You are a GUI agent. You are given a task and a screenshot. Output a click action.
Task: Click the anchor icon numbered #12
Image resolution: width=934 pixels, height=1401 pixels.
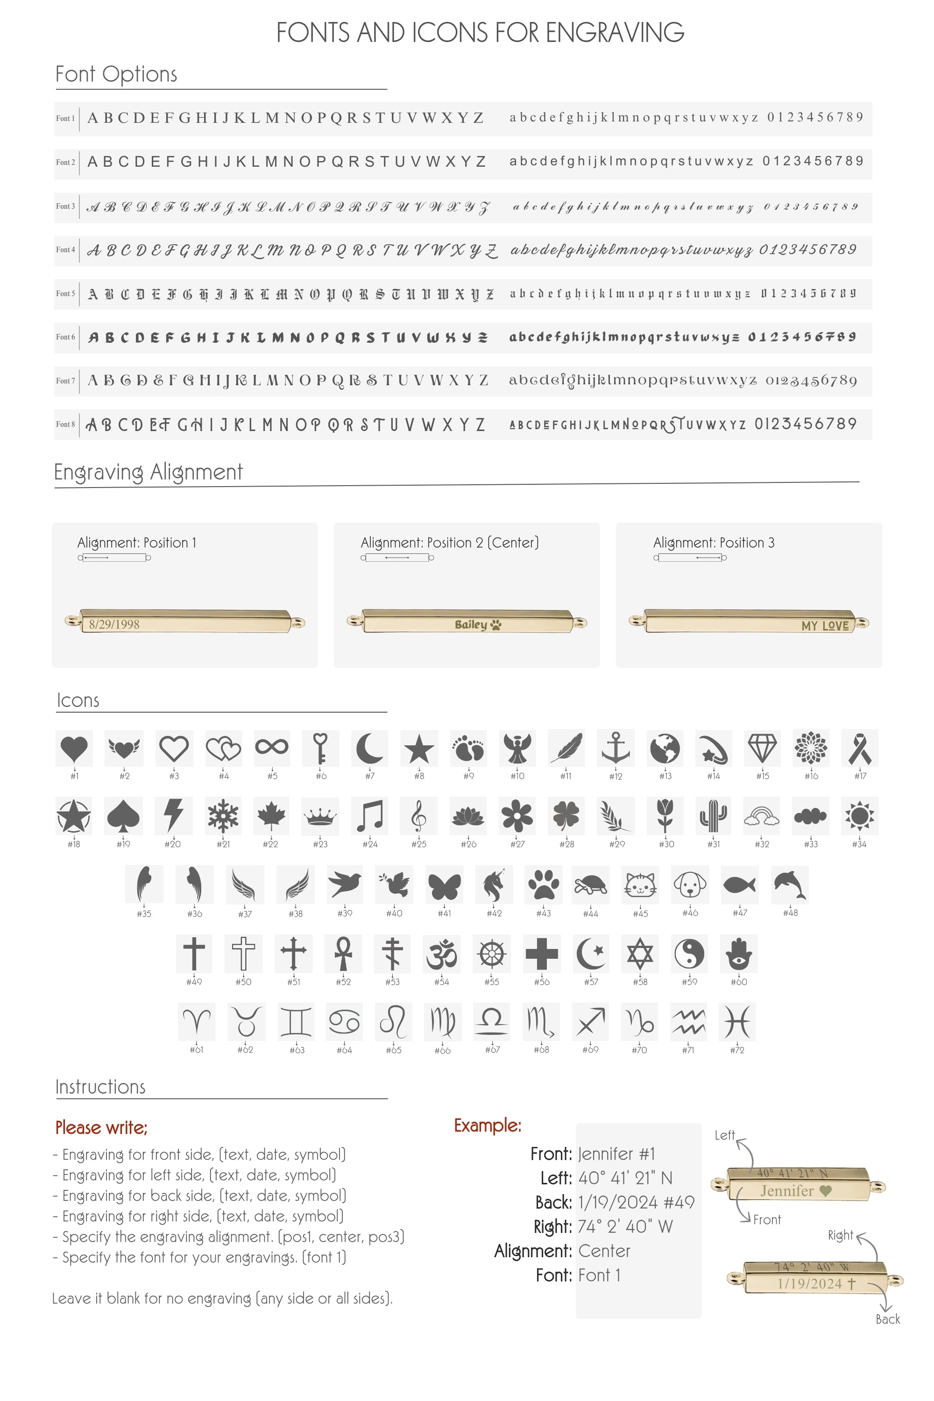click(x=616, y=748)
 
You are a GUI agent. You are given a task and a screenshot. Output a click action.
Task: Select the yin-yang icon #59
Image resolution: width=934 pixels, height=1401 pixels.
click(x=689, y=953)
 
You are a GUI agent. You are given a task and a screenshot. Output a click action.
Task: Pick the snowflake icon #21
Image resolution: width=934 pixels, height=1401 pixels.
click(x=223, y=815)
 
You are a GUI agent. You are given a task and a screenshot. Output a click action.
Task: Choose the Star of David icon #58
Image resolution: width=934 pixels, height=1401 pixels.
click(x=640, y=953)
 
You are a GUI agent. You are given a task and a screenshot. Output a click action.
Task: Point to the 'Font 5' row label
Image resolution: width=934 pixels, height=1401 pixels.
click(x=65, y=294)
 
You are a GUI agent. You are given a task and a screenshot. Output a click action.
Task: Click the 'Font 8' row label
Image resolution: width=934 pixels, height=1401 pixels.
click(x=65, y=424)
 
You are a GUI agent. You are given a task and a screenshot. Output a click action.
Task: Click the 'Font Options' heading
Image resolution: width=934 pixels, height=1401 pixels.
click(x=116, y=74)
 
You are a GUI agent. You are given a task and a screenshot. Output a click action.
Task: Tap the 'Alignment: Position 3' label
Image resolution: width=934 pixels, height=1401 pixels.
click(x=714, y=543)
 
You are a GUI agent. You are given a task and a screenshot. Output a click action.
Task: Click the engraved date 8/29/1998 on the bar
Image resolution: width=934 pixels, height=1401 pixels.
click(x=114, y=624)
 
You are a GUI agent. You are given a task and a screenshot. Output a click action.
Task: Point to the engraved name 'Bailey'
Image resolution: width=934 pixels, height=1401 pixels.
click(x=471, y=624)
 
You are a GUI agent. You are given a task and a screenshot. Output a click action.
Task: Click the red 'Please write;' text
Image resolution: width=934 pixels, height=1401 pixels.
click(x=101, y=1128)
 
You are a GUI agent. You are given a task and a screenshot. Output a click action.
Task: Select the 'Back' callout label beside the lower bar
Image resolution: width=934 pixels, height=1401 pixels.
click(x=888, y=1319)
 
